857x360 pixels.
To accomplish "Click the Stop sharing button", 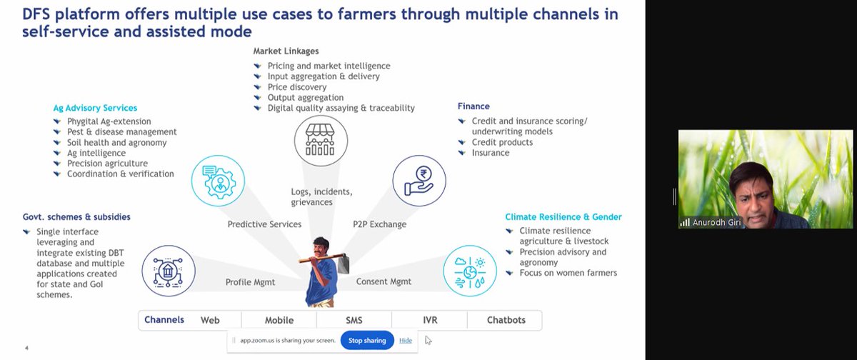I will pyautogui.click(x=368, y=341).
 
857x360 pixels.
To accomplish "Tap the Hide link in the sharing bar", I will pyautogui.click(x=406, y=341).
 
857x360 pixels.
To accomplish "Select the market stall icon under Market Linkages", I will pyautogui.click(x=321, y=141).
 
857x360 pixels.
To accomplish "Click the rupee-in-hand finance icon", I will pyautogui.click(x=419, y=181).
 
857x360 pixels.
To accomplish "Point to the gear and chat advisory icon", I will pyautogui.click(x=218, y=181).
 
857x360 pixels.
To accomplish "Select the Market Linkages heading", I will pyautogui.click(x=286, y=51).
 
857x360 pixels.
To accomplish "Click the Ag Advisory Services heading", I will pyautogui.click(x=95, y=108).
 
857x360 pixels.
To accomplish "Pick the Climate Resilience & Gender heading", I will pyautogui.click(x=563, y=217).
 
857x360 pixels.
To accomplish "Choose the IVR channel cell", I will pyautogui.click(x=429, y=320).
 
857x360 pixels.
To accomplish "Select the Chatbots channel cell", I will pyautogui.click(x=505, y=320).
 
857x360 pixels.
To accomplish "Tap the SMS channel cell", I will pyautogui.click(x=354, y=320).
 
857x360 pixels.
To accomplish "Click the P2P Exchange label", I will pyautogui.click(x=379, y=224).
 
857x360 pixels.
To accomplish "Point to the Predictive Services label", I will pyautogui.click(x=264, y=224).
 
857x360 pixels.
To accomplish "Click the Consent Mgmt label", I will pyautogui.click(x=384, y=281).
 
